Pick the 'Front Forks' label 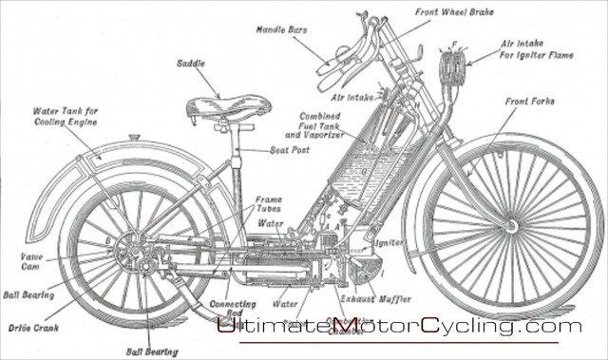(x=529, y=100)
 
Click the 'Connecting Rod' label (x=229, y=310)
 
